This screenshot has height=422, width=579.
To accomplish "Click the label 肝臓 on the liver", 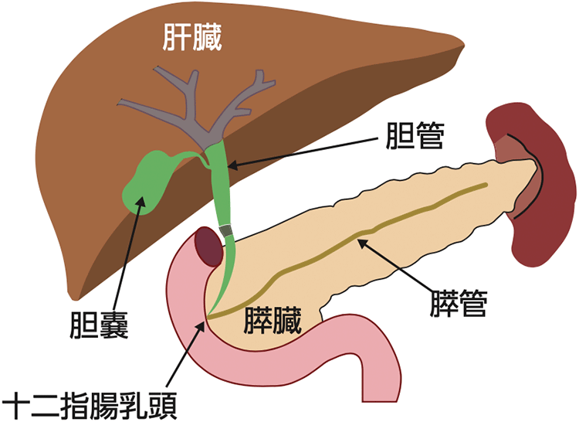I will [x=192, y=37].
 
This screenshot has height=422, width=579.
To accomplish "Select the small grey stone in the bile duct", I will [x=226, y=230].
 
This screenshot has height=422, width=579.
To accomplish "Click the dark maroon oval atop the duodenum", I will [x=208, y=247].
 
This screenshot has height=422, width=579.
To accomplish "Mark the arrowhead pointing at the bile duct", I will [x=232, y=164].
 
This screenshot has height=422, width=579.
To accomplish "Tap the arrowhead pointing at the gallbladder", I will [x=141, y=202].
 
